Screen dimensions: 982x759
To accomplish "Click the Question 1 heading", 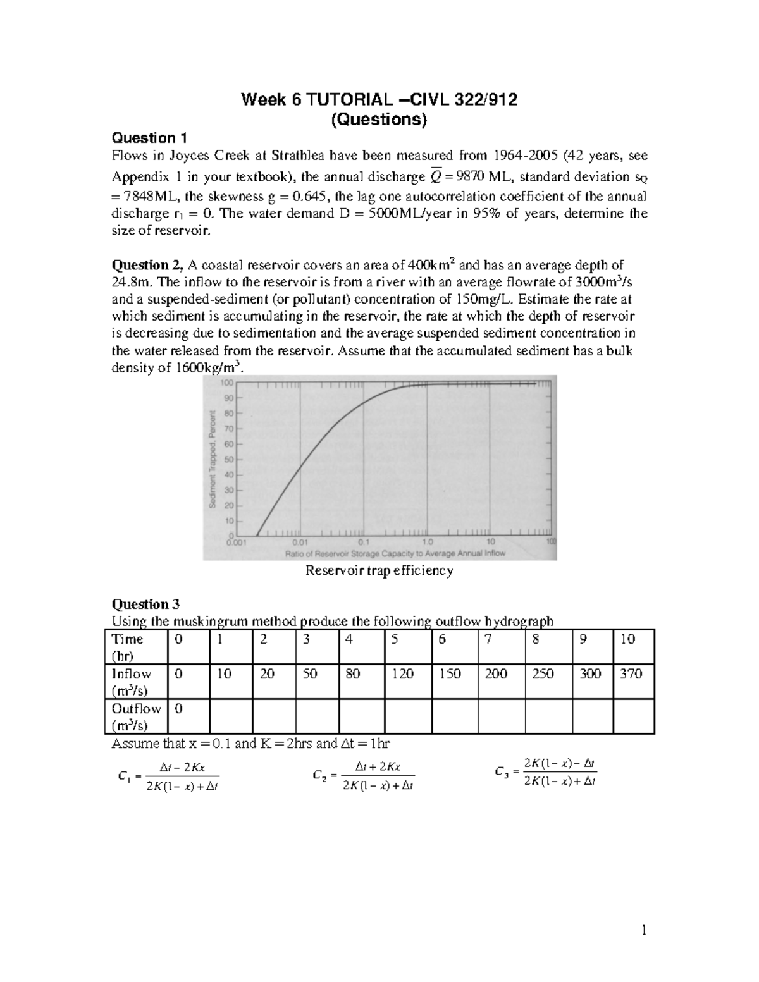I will pyautogui.click(x=149, y=138).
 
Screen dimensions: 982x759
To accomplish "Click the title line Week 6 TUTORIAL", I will pyautogui.click(x=379, y=100).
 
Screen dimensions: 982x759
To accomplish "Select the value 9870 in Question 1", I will pyautogui.click(x=461, y=176).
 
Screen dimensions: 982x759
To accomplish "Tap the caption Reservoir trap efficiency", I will pyautogui.click(x=379, y=570).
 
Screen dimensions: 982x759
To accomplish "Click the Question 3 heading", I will pyautogui.click(x=149, y=604).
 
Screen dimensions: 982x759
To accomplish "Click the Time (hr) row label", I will pyautogui.click(x=128, y=646).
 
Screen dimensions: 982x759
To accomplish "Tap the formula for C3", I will pyautogui.click(x=546, y=772).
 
